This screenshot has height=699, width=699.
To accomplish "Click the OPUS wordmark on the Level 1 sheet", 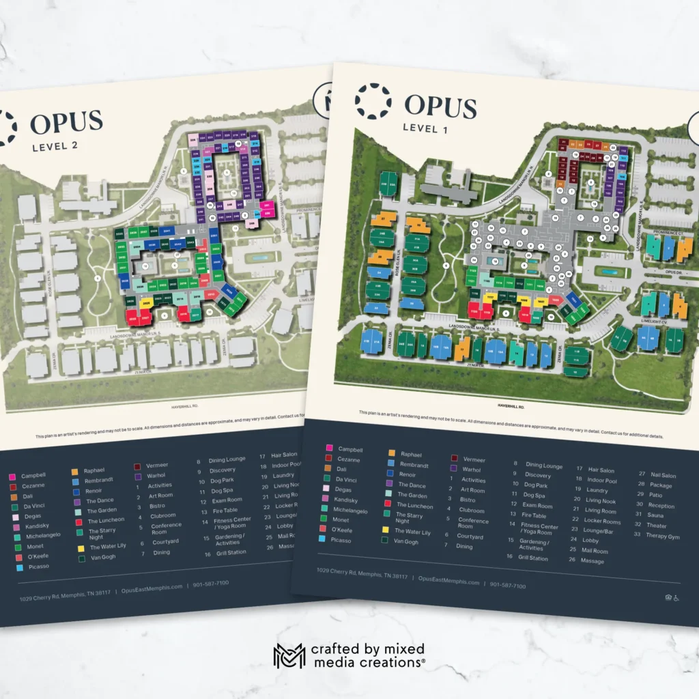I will click(440, 106).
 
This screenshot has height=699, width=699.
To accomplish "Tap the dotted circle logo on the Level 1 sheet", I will click(373, 101).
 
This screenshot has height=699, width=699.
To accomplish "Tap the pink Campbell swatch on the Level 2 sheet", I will click(12, 476).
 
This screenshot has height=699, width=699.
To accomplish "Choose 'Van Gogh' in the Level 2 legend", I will click(103, 557).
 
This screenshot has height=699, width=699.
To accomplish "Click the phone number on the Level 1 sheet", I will click(507, 586).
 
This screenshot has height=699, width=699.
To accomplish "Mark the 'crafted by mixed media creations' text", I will click(368, 655).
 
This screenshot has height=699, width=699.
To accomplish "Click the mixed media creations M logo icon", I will click(289, 655).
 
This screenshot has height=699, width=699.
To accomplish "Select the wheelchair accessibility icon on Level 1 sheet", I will click(676, 598).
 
